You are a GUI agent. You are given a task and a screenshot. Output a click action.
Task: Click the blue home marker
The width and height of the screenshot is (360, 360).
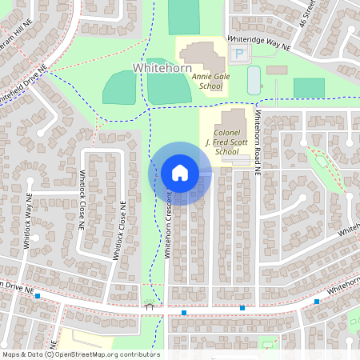(180, 174)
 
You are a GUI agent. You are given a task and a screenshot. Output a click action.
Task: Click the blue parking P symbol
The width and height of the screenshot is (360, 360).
(239, 54)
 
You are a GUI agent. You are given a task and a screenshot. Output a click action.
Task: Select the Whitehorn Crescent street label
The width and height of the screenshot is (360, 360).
(168, 224)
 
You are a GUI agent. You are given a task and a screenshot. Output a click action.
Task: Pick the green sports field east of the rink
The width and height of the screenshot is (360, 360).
(309, 87)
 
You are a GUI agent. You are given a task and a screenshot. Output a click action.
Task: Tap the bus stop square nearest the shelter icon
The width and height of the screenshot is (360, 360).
(184, 312)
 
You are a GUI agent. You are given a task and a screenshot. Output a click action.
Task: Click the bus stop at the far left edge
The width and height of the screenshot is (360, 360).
(38, 296)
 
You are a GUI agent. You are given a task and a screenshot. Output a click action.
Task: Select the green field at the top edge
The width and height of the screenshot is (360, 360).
(184, 16)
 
